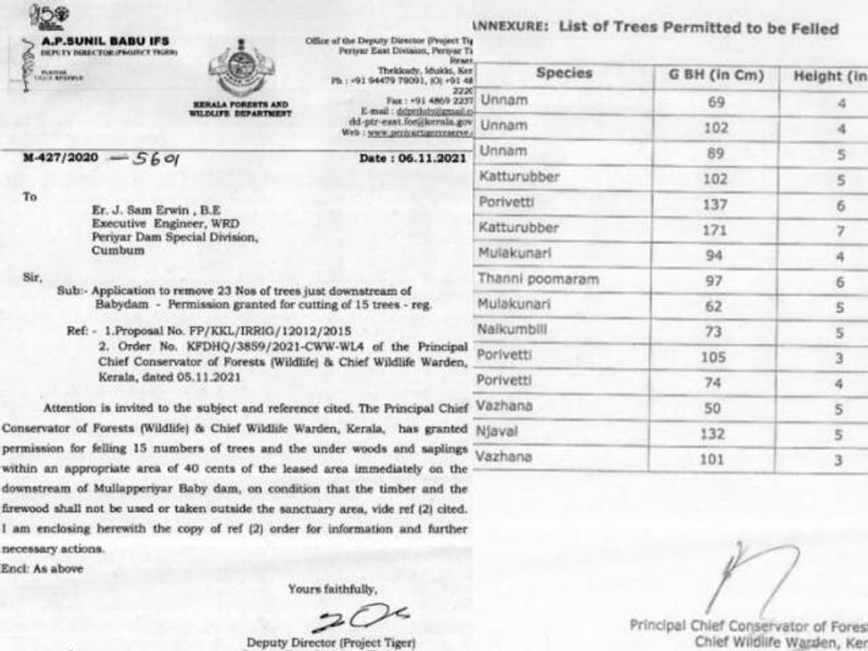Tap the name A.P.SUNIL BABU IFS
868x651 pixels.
[105, 41]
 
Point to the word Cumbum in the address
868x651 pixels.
[118, 250]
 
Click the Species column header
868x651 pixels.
[564, 73]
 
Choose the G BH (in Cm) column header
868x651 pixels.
[716, 75]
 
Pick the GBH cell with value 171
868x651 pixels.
[715, 231]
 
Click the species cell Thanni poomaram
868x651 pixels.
[538, 279]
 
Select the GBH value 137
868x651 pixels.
[715, 205]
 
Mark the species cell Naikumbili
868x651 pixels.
[511, 330]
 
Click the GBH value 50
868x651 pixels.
[713, 409]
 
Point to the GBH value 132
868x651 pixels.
[713, 434]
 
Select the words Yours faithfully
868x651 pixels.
[332, 589]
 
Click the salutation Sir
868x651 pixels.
[31, 277]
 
